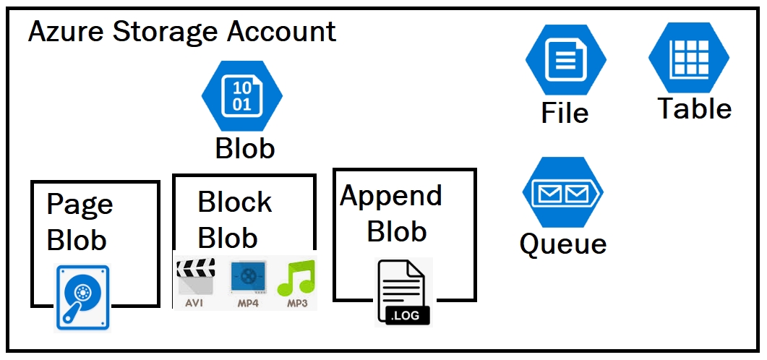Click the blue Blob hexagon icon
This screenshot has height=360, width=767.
tap(241, 95)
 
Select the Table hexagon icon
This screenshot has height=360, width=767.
tap(688, 58)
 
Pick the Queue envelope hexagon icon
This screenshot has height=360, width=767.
tap(562, 193)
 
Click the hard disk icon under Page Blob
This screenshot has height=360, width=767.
tap(82, 298)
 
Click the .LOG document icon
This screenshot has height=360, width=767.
tap(403, 293)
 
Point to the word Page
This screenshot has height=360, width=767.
tap(80, 205)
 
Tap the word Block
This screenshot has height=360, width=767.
tap(234, 202)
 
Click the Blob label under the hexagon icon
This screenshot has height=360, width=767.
tap(245, 148)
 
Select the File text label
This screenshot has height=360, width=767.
tap(565, 113)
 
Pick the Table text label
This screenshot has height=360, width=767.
tap(694, 108)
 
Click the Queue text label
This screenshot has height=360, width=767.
tap(562, 244)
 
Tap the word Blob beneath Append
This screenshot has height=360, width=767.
tap(396, 231)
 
